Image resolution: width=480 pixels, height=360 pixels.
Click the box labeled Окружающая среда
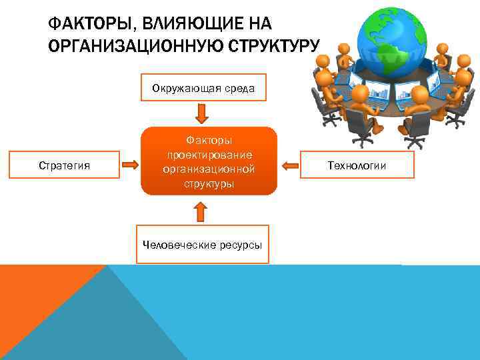coord(203,87)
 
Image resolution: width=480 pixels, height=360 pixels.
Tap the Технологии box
coord(366,165)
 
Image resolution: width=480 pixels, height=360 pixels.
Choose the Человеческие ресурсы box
coord(203,245)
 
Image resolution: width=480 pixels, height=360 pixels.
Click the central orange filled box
coord(209,161)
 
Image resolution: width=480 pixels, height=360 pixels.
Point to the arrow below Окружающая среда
coord(203,113)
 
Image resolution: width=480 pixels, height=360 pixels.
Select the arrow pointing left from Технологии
coord(291,165)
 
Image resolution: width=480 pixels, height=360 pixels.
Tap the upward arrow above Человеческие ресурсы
coord(200,212)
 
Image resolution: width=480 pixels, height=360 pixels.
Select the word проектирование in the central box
coord(209,155)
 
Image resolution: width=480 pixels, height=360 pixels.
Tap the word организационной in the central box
coord(209,169)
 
